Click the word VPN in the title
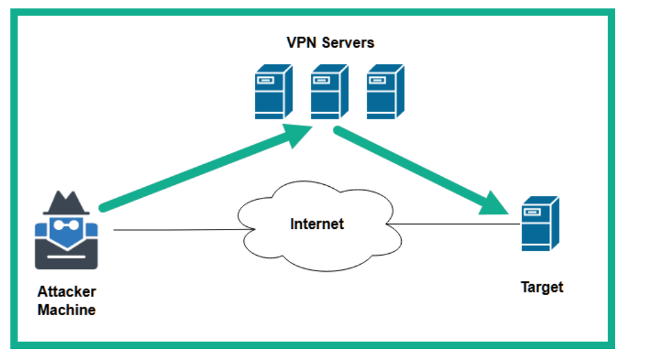302,43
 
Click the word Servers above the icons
348,43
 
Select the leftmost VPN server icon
274,91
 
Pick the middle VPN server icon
330,91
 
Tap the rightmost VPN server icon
386,91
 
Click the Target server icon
540,223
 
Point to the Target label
542,287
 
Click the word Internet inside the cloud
317,224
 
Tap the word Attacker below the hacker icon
67,292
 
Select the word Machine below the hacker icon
67,310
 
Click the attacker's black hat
66,203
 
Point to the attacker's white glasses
66,225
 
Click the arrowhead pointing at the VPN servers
299,136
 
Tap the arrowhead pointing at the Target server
495,204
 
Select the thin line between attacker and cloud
184,230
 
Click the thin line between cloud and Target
453,224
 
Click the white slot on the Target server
532,212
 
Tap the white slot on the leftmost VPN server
265,80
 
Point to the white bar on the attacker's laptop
66,257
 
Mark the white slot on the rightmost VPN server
377,80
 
